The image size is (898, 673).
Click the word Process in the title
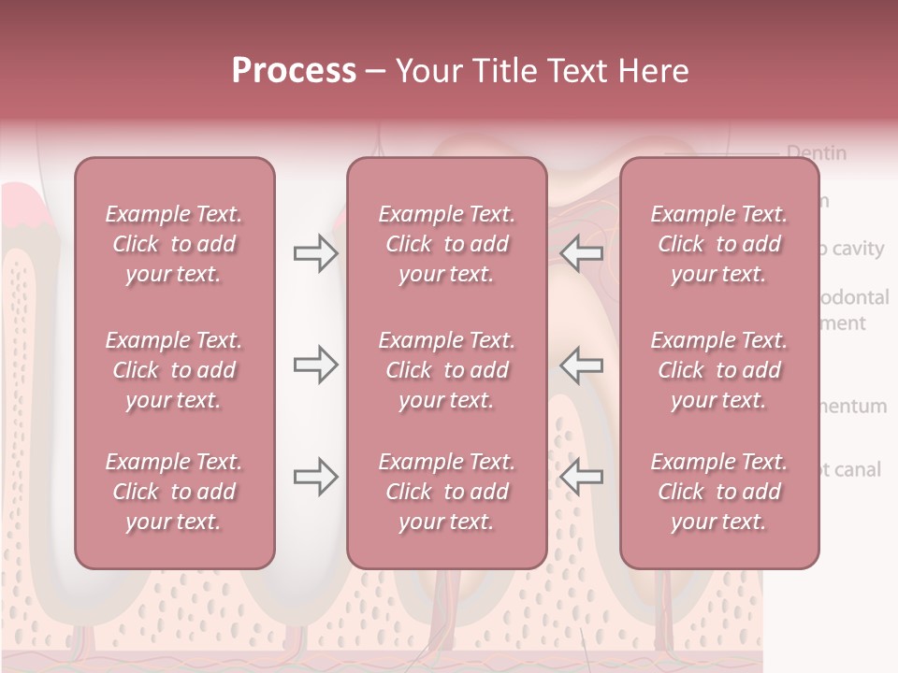coord(294,71)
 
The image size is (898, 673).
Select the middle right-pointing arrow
coord(315,365)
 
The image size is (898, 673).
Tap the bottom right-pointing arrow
coord(315,477)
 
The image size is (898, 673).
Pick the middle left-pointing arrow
coord(581,365)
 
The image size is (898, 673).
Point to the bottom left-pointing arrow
coord(581,477)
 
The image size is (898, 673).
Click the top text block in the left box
coord(174,244)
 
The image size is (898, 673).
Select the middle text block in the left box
coord(174,370)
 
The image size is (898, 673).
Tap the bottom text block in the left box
coord(174,492)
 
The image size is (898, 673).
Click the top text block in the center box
coord(446,244)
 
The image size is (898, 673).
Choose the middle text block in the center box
coord(446,370)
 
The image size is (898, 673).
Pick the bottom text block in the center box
coord(446,492)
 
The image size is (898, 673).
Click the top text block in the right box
coord(718,244)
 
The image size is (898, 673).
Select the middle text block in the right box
coord(718,370)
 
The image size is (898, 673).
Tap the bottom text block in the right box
coord(718,492)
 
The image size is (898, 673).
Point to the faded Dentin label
coord(817,152)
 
